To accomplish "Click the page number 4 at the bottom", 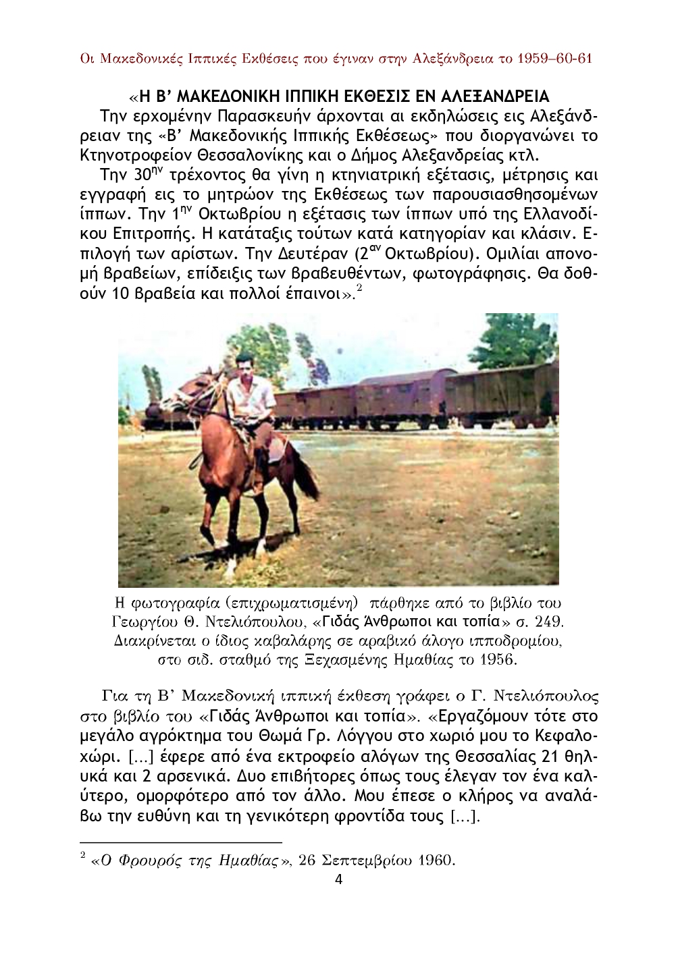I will (x=338, y=879).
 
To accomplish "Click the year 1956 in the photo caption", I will (x=498, y=659).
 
